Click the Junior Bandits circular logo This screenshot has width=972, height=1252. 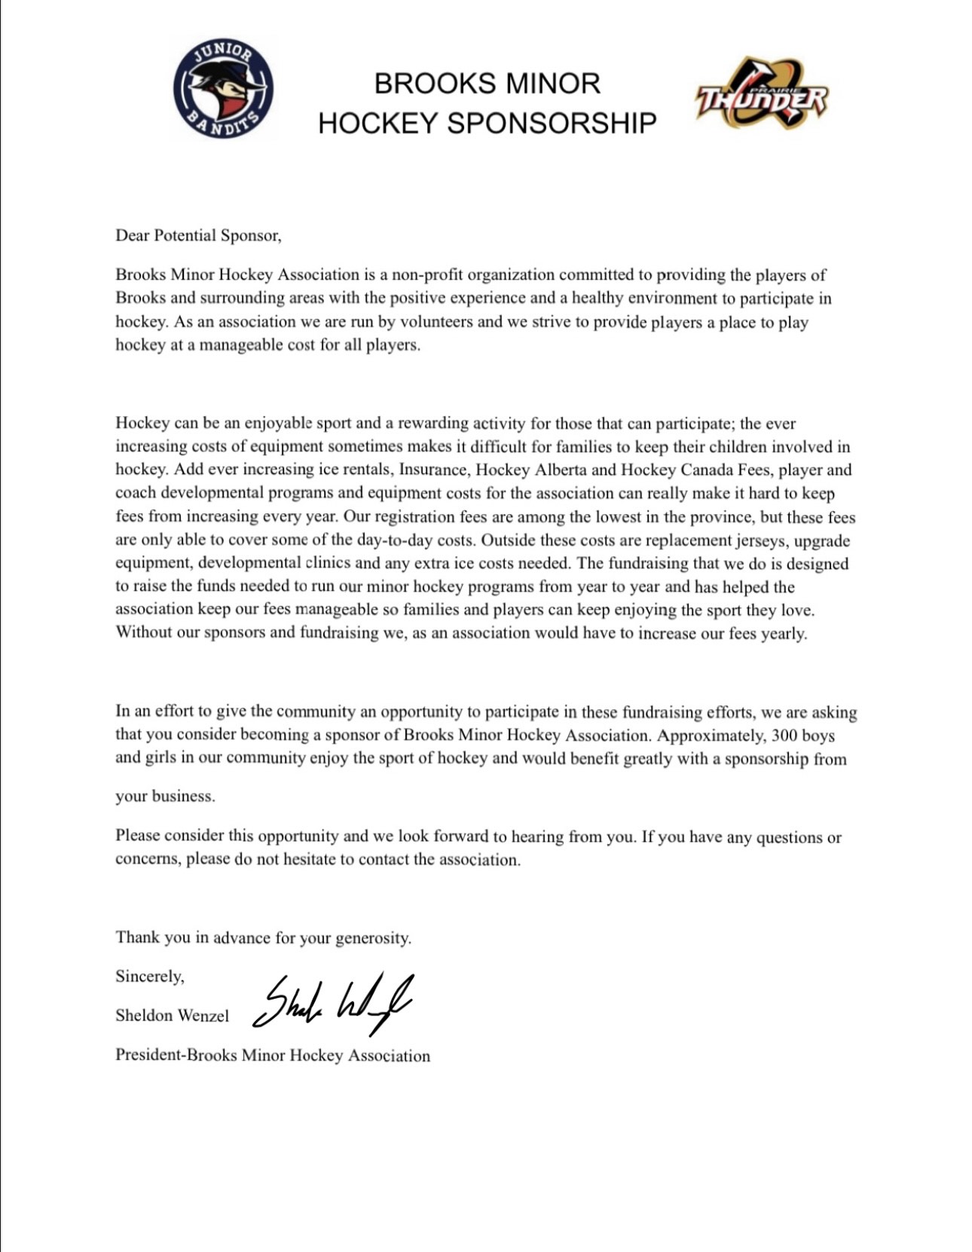tap(223, 89)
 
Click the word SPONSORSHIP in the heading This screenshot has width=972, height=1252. tap(552, 123)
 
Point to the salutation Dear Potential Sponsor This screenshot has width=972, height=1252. tap(198, 236)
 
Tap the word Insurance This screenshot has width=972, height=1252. tap(432, 470)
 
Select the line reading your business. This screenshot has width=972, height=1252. tap(165, 797)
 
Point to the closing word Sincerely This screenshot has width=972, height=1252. tap(150, 977)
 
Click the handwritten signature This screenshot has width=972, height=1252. tap(332, 1003)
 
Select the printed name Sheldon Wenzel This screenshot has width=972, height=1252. tap(172, 1016)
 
